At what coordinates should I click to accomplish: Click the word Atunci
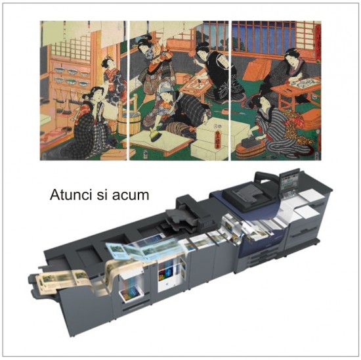click(71, 196)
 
